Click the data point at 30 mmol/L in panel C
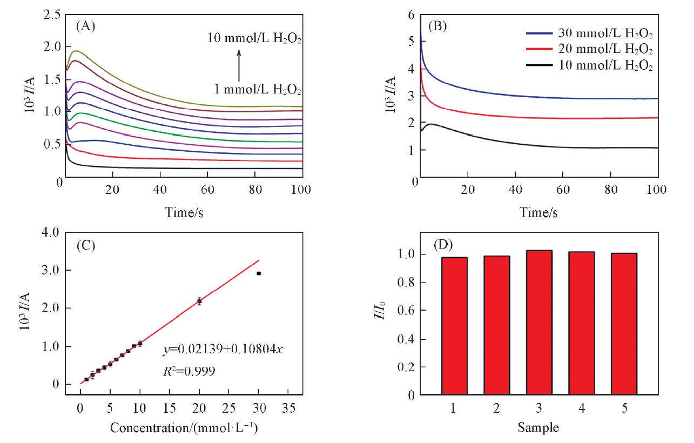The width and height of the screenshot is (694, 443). pyautogui.click(x=259, y=273)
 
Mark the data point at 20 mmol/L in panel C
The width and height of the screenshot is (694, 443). pyautogui.click(x=199, y=301)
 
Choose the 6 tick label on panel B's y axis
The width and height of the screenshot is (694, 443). pyautogui.click(x=411, y=15)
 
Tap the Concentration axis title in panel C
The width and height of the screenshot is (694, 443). pyautogui.click(x=184, y=428)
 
